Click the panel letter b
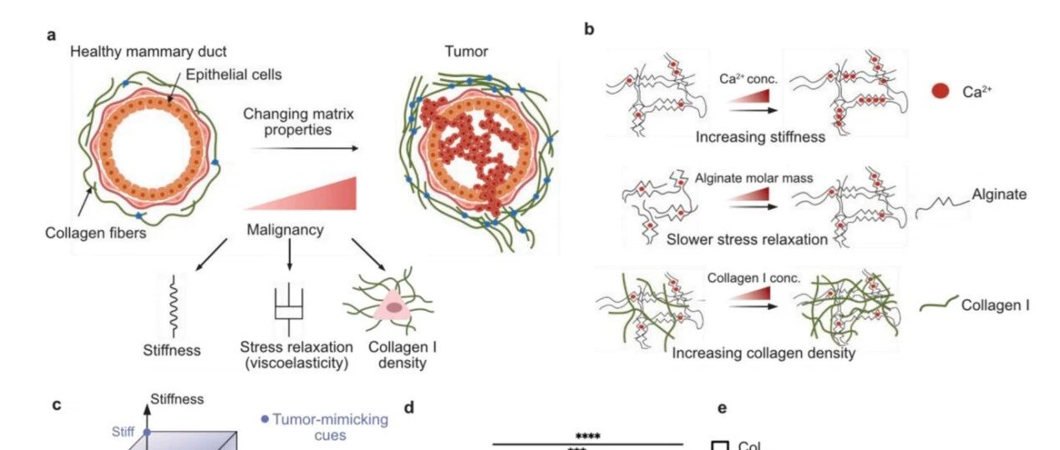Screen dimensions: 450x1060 [589, 29]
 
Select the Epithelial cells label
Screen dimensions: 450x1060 [233, 74]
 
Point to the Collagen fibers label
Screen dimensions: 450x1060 [96, 233]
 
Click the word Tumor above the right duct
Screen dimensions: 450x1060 [466, 52]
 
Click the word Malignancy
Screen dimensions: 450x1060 [285, 230]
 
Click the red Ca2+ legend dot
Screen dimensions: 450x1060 [941, 91]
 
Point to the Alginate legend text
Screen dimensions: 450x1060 [999, 195]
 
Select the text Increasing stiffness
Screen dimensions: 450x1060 [760, 137]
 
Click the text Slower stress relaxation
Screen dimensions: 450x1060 [747, 240]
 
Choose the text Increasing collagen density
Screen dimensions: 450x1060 [763, 353]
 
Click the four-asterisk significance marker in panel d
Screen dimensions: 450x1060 [588, 437]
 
